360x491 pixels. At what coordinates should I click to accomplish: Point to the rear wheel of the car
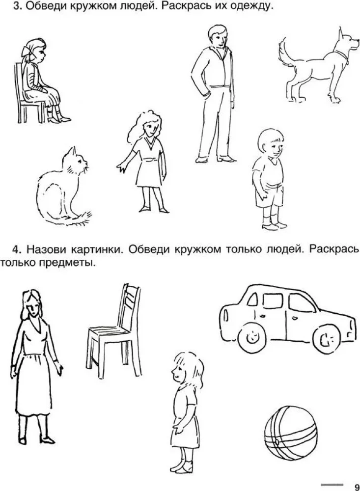click(x=251, y=338)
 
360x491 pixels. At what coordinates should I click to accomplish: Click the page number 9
click(x=357, y=487)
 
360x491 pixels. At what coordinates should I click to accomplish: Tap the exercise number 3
click(x=18, y=6)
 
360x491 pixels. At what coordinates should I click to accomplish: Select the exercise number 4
click(x=17, y=249)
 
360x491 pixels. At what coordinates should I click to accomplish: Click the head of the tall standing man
click(x=218, y=36)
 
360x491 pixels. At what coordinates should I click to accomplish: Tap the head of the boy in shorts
click(x=271, y=144)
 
